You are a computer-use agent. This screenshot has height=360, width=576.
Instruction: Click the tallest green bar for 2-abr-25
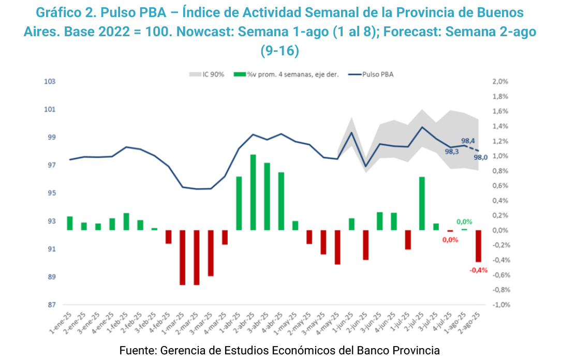tap(253, 192)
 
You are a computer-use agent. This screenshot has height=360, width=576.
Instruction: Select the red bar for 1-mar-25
tap(183, 257)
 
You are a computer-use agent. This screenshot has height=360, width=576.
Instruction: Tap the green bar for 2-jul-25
tap(422, 203)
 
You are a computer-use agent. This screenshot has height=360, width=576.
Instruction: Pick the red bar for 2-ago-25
tap(478, 246)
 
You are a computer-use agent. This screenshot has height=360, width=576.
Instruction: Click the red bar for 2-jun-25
tap(365, 245)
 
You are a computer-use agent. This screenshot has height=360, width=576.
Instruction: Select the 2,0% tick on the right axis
tap(500, 82)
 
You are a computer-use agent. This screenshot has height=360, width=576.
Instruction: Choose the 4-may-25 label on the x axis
tap(332, 322)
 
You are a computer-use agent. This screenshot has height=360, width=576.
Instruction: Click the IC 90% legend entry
tap(206, 74)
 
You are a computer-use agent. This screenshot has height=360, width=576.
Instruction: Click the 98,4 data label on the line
tap(468, 140)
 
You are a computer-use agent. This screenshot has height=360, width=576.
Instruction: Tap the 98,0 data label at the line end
tap(481, 157)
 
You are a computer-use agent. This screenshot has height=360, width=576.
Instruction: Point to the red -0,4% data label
tap(478, 270)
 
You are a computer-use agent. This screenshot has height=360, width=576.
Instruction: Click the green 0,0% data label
tap(464, 222)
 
